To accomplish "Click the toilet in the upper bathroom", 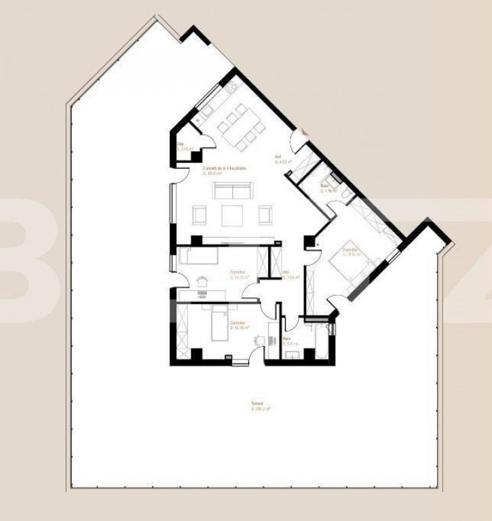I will [x=347, y=195].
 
